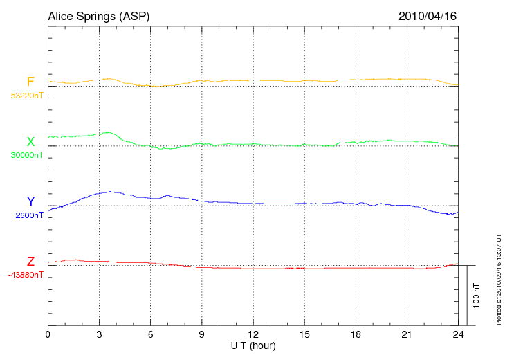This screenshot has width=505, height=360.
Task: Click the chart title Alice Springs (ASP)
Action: coord(98,16)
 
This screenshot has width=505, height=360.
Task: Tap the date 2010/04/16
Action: coord(428,16)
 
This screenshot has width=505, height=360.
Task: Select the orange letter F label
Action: coord(30,82)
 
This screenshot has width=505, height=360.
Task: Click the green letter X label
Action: coord(30,142)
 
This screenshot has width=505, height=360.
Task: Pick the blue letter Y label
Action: coord(30,201)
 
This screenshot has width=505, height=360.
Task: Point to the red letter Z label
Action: coord(30,261)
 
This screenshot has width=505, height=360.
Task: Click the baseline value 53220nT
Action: coord(27,96)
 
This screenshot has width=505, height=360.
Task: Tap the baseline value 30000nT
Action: coord(27,155)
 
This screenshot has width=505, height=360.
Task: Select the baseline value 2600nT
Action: coord(29,215)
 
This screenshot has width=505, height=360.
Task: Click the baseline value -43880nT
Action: coord(26,274)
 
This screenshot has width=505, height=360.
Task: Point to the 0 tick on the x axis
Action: coord(48,334)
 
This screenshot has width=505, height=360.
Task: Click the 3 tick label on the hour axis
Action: coord(99,334)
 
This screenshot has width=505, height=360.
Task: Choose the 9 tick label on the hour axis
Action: coord(201,334)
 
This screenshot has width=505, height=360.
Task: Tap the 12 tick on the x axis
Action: coord(253,334)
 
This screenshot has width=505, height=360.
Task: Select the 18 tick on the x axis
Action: coord(356,334)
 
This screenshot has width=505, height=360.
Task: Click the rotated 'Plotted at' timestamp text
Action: coord(498,277)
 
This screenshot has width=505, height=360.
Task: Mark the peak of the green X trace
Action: coord(109,132)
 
